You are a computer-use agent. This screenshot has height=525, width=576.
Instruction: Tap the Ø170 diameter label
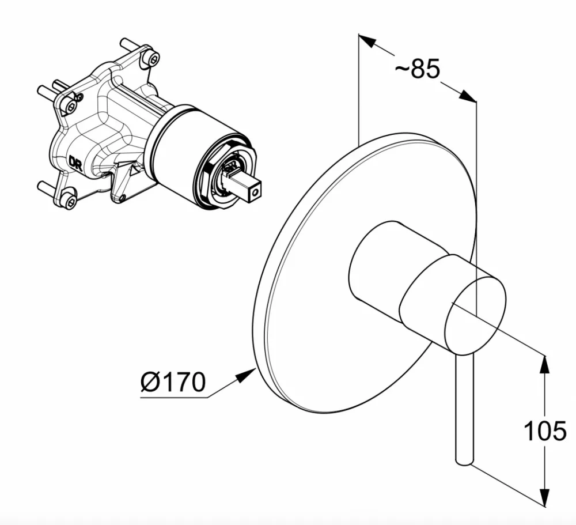tap(173, 382)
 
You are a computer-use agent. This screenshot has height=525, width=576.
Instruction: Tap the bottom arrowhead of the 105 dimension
tap(544, 497)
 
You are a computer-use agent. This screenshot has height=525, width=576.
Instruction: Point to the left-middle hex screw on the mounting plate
tap(71, 106)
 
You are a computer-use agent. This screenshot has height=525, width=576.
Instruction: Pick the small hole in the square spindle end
tap(256, 192)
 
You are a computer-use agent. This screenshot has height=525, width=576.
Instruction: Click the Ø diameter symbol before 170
tap(150, 382)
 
